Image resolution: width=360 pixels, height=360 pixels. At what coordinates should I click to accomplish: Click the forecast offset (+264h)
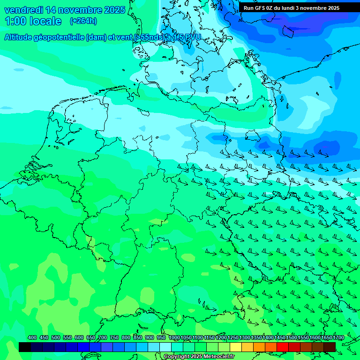[83, 21]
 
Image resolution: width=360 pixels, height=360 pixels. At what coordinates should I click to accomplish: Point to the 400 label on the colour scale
[32, 338]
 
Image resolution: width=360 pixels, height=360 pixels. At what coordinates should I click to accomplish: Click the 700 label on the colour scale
[103, 338]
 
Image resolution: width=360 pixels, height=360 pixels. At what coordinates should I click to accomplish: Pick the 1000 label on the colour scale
[174, 338]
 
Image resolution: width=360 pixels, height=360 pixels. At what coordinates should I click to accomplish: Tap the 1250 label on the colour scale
[233, 338]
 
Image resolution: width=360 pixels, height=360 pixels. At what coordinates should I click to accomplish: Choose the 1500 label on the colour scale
[292, 338]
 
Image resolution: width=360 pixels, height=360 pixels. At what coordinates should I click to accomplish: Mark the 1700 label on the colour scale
[338, 338]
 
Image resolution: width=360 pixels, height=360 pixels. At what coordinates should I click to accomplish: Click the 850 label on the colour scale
[138, 338]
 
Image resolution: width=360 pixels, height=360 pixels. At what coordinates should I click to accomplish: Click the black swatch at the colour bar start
[25, 347]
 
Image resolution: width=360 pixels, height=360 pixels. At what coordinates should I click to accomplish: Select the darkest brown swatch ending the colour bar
[330, 347]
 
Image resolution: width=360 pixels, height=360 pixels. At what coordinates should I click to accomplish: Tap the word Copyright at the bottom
[177, 357]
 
